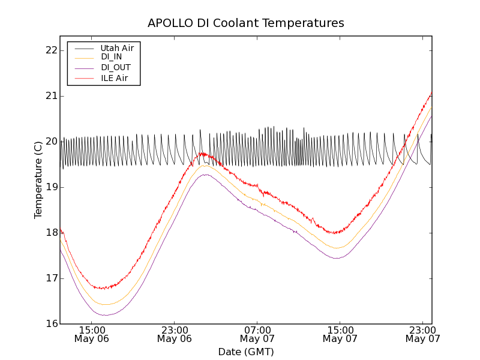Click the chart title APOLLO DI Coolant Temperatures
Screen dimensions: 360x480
coord(246,23)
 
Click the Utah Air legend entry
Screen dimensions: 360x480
coord(117,47)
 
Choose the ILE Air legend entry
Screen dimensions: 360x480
coord(114,78)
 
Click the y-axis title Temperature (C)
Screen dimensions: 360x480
coord(38,179)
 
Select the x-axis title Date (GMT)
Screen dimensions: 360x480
coord(246,352)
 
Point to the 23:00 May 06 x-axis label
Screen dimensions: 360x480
coord(175,334)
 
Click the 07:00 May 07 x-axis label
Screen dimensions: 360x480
coord(257,334)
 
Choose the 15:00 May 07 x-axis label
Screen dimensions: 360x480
coord(340,334)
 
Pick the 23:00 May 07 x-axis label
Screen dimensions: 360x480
coord(422,334)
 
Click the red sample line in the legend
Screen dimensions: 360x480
coord(83,78)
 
